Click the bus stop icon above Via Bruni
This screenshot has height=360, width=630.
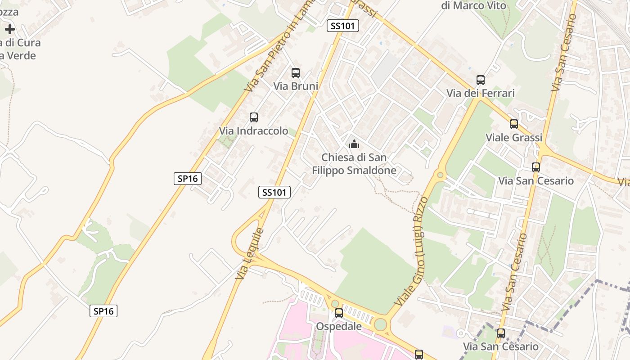pyautogui.click(x=296, y=73)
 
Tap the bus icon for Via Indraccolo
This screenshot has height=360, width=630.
pyautogui.click(x=254, y=117)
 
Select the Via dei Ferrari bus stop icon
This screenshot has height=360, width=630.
pyautogui.click(x=481, y=80)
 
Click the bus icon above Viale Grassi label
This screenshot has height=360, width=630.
pyautogui.click(x=514, y=124)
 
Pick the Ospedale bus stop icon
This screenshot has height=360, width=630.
pyautogui.click(x=339, y=313)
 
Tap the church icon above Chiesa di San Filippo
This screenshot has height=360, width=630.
pyautogui.click(x=354, y=144)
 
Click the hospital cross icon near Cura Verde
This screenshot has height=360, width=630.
pyautogui.click(x=10, y=30)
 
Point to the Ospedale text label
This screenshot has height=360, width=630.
pyautogui.click(x=339, y=326)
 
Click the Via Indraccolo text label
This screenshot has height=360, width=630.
pyautogui.click(x=253, y=131)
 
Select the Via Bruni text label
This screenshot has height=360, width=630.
pyautogui.click(x=296, y=86)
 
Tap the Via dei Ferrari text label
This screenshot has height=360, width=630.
pyautogui.click(x=481, y=93)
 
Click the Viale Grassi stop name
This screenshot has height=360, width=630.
pyautogui.click(x=514, y=137)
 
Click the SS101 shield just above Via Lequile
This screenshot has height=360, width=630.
pyautogui.click(x=274, y=192)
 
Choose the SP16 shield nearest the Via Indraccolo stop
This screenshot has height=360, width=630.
pyautogui.click(x=188, y=179)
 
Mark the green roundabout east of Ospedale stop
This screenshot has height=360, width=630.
pyautogui.click(x=380, y=324)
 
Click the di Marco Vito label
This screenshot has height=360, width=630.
pyautogui.click(x=473, y=6)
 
